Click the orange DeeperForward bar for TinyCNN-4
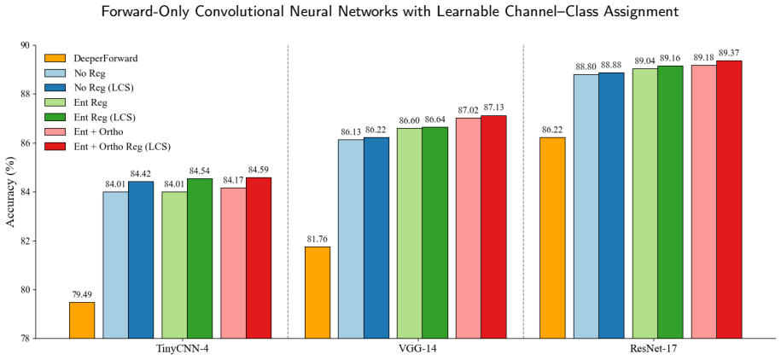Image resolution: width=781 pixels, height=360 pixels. click(82, 320)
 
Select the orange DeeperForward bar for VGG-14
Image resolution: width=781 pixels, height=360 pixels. click(318, 293)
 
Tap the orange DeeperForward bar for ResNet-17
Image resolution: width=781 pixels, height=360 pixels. click(552, 238)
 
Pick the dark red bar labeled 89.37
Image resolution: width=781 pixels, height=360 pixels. click(729, 200)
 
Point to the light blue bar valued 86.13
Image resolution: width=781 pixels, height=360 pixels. click(351, 239)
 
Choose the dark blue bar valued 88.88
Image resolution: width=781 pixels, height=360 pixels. click(612, 206)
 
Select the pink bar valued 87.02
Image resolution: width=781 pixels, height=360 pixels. click(469, 228)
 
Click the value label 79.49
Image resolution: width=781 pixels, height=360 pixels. click(82, 295)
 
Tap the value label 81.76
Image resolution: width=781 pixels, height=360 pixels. click(318, 240)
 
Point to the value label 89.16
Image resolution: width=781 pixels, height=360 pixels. click(670, 58)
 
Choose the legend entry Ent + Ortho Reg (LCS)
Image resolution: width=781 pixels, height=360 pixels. click(108, 147)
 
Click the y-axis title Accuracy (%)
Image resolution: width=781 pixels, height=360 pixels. click(10, 192)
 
